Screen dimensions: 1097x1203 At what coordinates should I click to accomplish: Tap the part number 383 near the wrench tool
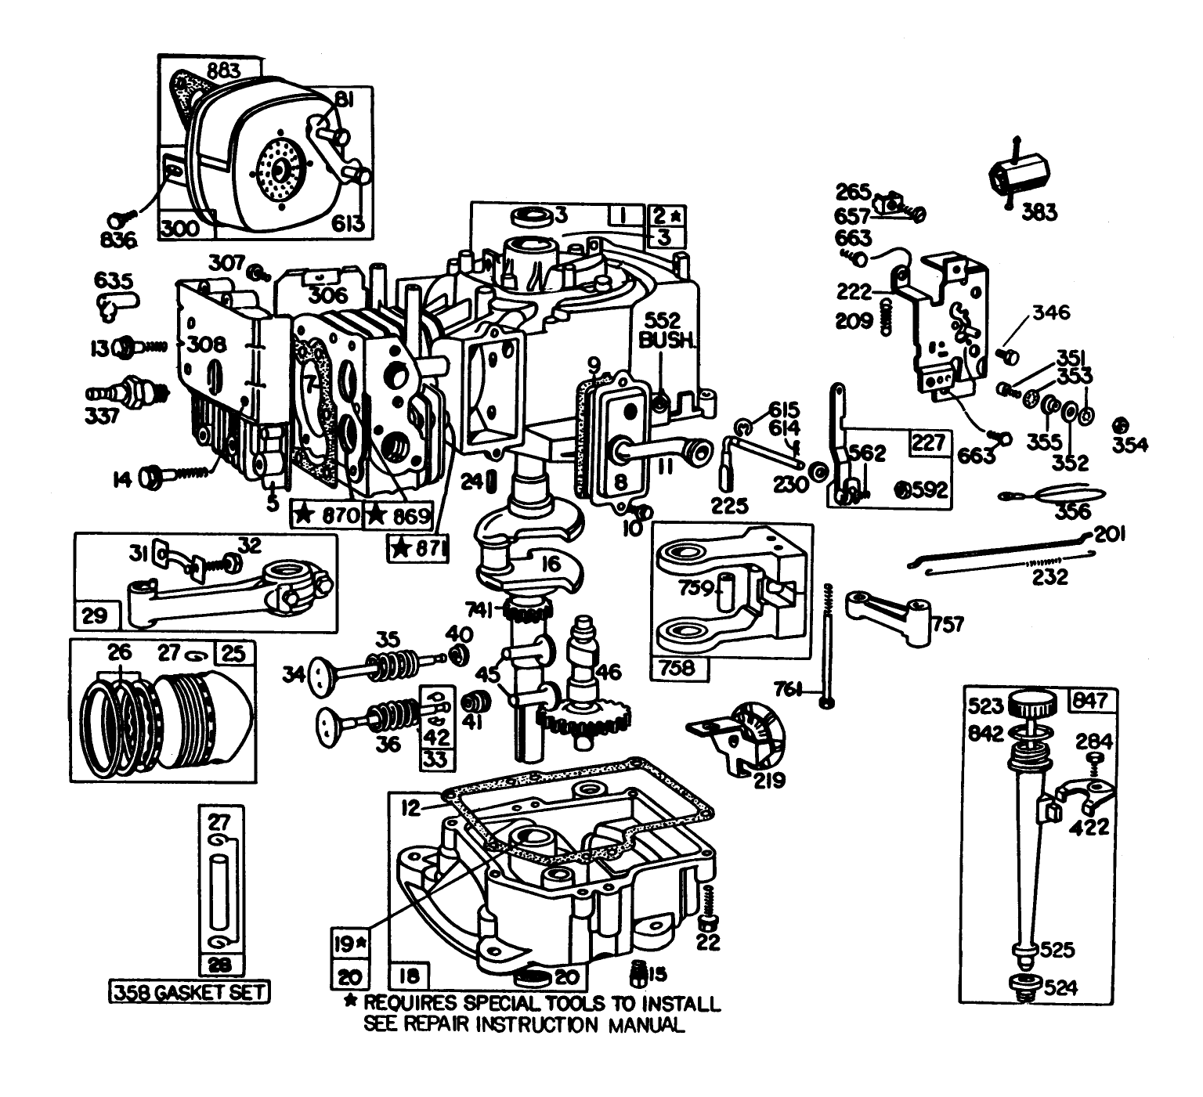pos(1039,211)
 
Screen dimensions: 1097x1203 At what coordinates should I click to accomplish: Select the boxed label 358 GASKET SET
pos(189,992)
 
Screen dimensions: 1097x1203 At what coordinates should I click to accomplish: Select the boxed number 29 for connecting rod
pos(95,615)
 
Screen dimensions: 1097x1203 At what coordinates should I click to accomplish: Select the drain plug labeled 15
pos(641,975)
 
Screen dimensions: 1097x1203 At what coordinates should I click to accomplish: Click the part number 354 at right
pos(1130,444)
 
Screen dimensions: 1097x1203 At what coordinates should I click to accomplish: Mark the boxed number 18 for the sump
pos(409,976)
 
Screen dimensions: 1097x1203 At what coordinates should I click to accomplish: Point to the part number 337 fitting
pos(103,414)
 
